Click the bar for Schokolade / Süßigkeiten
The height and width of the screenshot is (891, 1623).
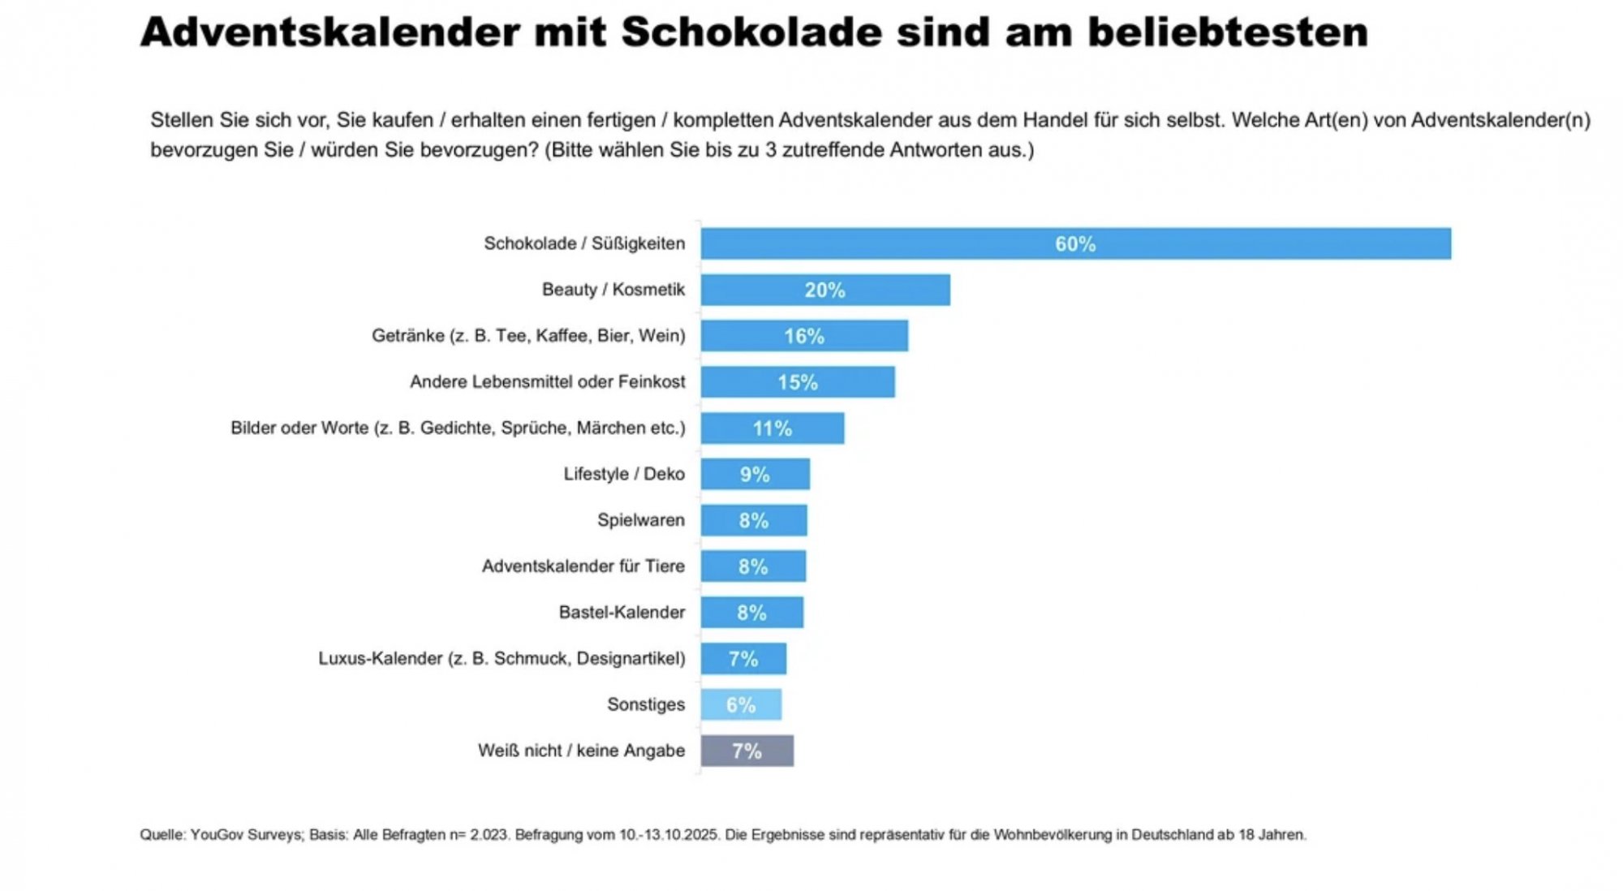(1075, 243)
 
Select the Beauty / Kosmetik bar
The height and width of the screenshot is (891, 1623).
(825, 290)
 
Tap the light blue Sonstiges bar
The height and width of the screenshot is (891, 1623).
(741, 704)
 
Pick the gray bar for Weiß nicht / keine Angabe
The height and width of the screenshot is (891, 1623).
(747, 751)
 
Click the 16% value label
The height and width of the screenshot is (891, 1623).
(803, 336)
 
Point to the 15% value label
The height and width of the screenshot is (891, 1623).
(797, 382)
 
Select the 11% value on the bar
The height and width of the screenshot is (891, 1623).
(772, 428)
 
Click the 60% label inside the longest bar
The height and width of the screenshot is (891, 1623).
(1075, 243)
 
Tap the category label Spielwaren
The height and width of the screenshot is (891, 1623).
(640, 520)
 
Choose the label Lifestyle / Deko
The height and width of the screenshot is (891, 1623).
(623, 474)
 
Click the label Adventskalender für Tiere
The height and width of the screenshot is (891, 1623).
(583, 566)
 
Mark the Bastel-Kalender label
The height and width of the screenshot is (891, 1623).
(621, 613)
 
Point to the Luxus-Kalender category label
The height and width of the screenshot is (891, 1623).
(501, 658)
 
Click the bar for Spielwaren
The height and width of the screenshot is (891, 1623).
(754, 520)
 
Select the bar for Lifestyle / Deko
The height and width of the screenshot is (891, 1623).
(755, 474)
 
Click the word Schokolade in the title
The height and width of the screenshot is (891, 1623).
(751, 33)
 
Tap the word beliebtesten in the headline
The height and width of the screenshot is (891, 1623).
(1227, 33)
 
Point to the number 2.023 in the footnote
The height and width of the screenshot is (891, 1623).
(489, 835)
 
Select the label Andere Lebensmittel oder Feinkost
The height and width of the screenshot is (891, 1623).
(547, 382)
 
